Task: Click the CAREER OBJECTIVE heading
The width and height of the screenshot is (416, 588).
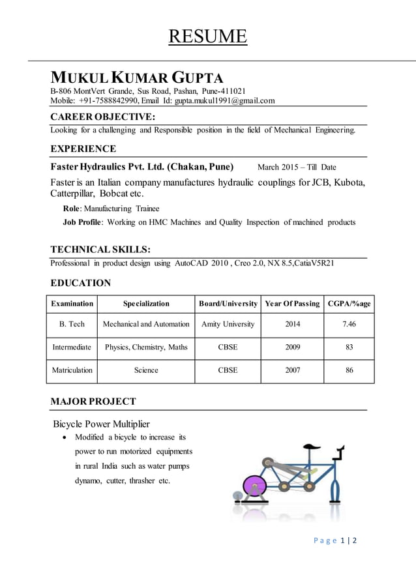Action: point(102,117)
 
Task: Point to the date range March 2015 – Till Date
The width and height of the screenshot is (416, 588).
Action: point(297,167)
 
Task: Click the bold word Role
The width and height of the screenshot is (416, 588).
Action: point(72,209)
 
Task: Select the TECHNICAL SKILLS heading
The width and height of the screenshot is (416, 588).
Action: point(100,250)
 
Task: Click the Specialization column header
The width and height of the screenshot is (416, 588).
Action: point(146,304)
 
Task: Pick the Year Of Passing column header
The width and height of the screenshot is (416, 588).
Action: point(293,304)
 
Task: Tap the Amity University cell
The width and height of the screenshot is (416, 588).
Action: point(228,324)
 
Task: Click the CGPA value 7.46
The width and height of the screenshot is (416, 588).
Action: point(349,324)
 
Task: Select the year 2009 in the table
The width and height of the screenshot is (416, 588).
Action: point(293,347)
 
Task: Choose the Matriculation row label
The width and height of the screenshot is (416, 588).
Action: point(72,370)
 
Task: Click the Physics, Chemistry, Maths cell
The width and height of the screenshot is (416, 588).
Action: point(146,347)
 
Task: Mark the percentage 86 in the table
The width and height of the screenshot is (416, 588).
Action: point(349,370)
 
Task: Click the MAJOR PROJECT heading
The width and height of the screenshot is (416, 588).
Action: point(93,401)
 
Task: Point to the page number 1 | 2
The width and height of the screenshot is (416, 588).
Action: point(349,540)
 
